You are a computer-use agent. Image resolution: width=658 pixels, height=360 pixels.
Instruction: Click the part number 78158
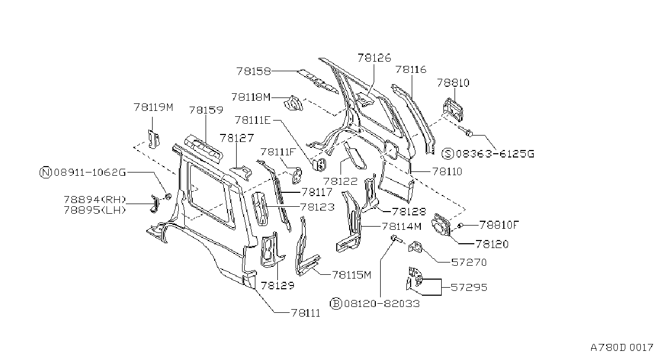click(x=253, y=71)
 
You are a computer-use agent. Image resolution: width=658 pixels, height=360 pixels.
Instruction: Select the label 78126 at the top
click(x=374, y=58)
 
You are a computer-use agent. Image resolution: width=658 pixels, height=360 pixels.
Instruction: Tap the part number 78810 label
click(x=453, y=83)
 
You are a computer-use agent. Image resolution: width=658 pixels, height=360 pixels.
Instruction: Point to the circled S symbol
click(x=448, y=154)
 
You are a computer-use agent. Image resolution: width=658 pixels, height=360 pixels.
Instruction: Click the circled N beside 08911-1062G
click(x=46, y=172)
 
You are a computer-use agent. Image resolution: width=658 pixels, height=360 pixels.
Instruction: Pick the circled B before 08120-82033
click(x=336, y=304)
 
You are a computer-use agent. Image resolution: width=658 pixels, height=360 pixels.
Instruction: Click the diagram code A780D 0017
click(x=622, y=348)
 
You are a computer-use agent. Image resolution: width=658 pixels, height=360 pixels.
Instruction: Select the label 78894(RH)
click(x=95, y=200)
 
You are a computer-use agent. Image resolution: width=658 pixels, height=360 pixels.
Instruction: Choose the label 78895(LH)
click(x=95, y=211)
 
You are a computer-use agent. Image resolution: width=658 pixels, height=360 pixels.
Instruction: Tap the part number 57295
click(x=469, y=287)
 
